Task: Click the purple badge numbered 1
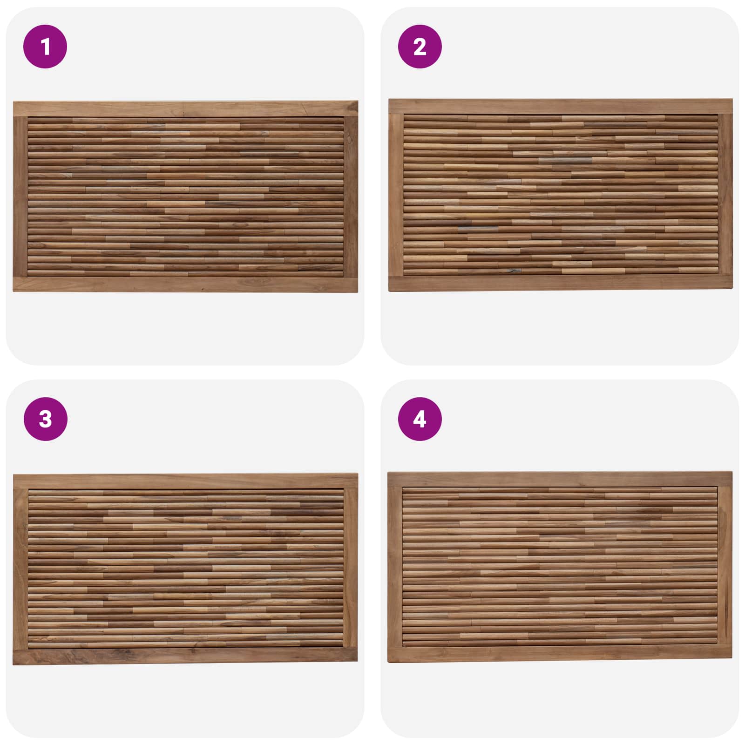point(45,47)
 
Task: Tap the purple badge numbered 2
point(420,47)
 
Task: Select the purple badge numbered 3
point(45,419)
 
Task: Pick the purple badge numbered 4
point(420,419)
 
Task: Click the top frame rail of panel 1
point(185,109)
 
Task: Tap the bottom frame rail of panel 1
point(185,284)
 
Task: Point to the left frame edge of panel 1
point(20,196)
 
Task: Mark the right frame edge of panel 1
point(351,196)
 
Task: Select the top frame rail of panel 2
point(561,107)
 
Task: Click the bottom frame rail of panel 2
point(561,284)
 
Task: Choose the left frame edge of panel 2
point(396,195)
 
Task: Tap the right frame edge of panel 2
point(725,195)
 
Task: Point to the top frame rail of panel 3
point(185,481)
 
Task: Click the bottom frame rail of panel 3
point(185,656)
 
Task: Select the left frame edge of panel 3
point(20,569)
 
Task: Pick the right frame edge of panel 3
point(351,569)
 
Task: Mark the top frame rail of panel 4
point(560,480)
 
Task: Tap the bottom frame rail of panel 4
point(560,654)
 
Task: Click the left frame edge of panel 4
point(395,567)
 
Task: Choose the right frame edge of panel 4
point(725,567)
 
